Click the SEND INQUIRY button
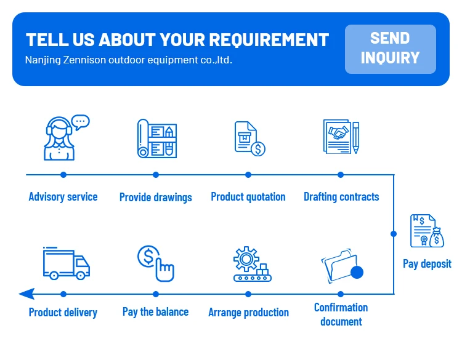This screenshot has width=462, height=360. click(390, 49)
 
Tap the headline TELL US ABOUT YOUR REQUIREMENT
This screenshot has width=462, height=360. click(177, 41)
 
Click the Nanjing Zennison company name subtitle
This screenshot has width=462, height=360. click(129, 60)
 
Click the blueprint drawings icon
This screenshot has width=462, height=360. click(156, 138)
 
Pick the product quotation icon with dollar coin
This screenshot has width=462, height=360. click(249, 138)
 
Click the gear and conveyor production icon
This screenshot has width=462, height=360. click(249, 265)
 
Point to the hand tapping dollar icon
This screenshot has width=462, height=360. click(156, 263)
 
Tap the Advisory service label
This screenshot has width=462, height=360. click(63, 197)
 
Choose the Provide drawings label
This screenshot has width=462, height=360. click(156, 198)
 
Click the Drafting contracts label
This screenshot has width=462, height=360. click(341, 197)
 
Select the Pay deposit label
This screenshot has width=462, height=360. click(427, 263)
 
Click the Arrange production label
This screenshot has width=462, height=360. click(248, 312)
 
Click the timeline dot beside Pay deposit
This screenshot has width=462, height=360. click(394, 234)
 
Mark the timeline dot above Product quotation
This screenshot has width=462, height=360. click(248, 175)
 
